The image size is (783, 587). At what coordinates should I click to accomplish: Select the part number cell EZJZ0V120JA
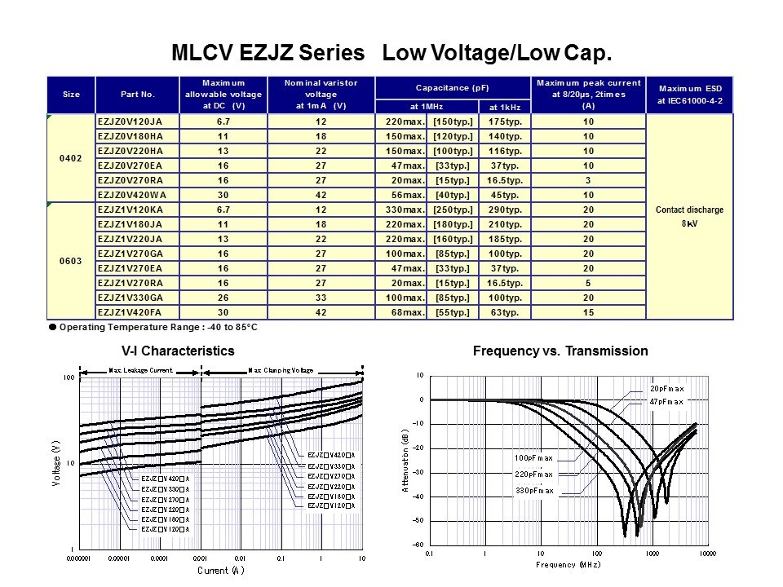(x=130, y=121)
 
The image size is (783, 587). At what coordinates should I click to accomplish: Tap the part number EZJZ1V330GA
(x=130, y=298)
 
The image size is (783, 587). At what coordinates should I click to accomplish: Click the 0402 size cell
(x=71, y=158)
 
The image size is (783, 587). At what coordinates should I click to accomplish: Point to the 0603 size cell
(x=71, y=261)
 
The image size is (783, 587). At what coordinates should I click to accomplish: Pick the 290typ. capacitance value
(x=505, y=210)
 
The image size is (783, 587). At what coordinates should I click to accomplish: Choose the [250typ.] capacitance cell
(x=453, y=210)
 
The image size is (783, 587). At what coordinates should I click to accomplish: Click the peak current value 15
(x=588, y=312)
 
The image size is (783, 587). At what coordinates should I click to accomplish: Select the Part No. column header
(x=137, y=95)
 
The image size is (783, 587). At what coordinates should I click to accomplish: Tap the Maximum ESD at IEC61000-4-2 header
(x=690, y=95)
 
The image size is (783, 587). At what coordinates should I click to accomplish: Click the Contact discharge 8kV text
(x=689, y=216)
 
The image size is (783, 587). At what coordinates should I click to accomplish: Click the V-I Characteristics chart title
(x=178, y=351)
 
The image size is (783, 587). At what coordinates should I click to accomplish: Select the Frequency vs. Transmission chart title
(x=560, y=351)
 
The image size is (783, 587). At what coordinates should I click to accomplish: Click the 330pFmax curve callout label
(x=533, y=491)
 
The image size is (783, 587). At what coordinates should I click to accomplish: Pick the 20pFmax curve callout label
(x=666, y=389)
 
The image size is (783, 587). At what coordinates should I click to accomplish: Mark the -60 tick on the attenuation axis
(x=418, y=545)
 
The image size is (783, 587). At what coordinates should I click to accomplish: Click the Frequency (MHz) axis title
(x=568, y=564)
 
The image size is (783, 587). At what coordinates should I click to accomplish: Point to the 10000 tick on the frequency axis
(x=706, y=554)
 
